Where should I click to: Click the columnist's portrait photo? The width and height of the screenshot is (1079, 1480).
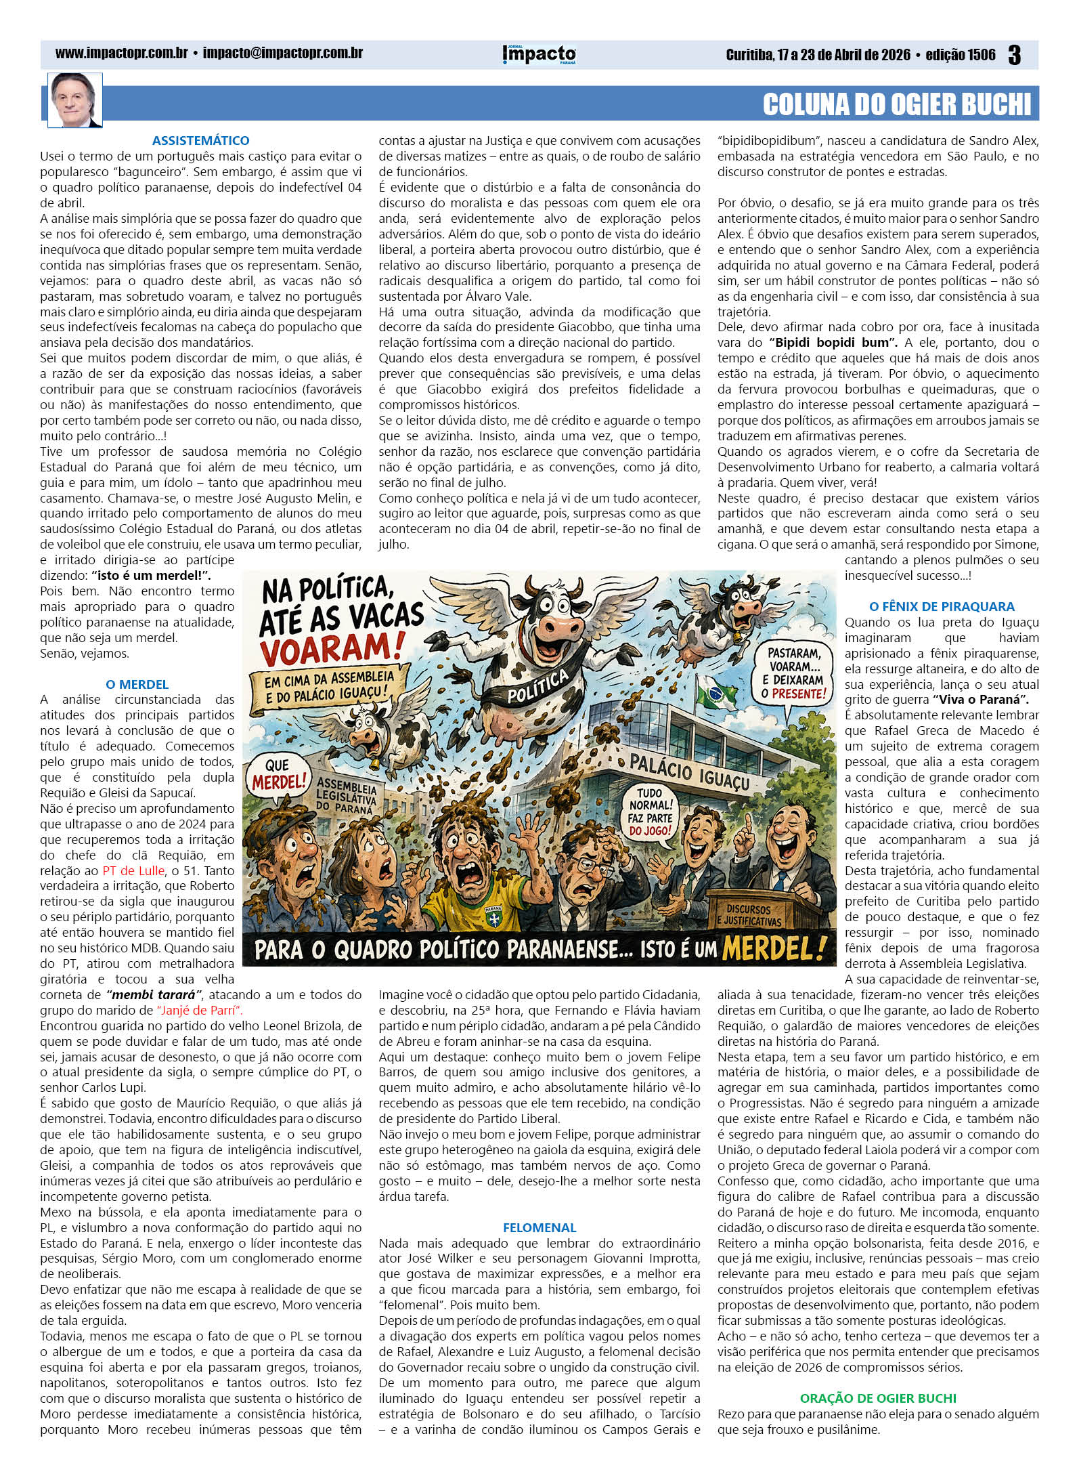pos(74,100)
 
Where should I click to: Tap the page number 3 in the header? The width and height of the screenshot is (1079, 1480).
pos(1014,55)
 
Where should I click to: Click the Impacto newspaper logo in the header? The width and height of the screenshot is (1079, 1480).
pos(539,54)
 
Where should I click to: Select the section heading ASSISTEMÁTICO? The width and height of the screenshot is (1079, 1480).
pos(200,140)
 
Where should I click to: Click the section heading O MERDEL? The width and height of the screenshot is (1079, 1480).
pos(137,684)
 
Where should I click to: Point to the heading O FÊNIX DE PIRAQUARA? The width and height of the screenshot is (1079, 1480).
pos(942,606)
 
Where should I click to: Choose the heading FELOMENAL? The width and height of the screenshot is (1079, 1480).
pos(539,1227)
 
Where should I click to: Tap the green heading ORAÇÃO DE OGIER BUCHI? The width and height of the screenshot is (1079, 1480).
pos(878,1398)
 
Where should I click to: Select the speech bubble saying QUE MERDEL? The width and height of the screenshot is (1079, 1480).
pos(277,775)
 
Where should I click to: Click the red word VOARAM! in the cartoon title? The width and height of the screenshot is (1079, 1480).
pos(327,648)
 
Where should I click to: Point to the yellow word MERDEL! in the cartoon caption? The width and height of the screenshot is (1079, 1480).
pos(774,948)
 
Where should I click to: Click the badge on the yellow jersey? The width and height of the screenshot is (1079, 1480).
pos(493,916)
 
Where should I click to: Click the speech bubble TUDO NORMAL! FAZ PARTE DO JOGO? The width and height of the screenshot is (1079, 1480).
pos(650,811)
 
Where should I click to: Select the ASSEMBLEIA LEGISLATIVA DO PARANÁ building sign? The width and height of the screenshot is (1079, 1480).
pos(347,795)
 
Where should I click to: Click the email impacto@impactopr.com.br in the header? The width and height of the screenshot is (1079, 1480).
pos(283,53)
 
